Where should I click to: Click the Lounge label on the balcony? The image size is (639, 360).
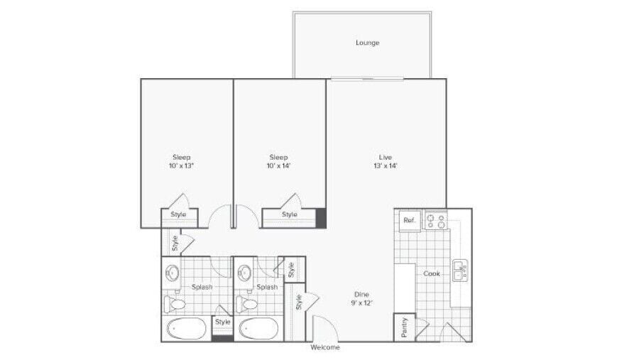[x=367, y=43]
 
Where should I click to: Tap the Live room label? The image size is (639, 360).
[x=386, y=157]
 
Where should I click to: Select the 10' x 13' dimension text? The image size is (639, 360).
[x=182, y=166]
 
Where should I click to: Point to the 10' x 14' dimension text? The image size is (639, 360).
[x=278, y=166]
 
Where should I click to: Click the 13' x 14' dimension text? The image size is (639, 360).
[x=386, y=166]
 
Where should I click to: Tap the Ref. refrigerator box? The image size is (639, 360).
[x=409, y=220]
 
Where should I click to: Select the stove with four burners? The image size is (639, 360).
[x=436, y=220]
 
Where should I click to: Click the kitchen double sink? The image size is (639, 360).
[x=459, y=271]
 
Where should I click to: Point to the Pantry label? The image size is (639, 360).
[x=404, y=327]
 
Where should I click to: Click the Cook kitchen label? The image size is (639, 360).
[x=432, y=273]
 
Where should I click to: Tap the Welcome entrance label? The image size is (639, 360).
[x=325, y=348]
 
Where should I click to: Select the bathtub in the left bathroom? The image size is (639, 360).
[x=187, y=329]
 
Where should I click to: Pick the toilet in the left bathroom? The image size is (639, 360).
[x=175, y=305]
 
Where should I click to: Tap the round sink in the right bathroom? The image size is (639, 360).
[x=246, y=272]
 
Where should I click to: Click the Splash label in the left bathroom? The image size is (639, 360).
[x=202, y=287]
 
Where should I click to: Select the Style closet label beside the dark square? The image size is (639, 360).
[x=289, y=214]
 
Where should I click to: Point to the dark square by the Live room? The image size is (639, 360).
[x=321, y=218]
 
